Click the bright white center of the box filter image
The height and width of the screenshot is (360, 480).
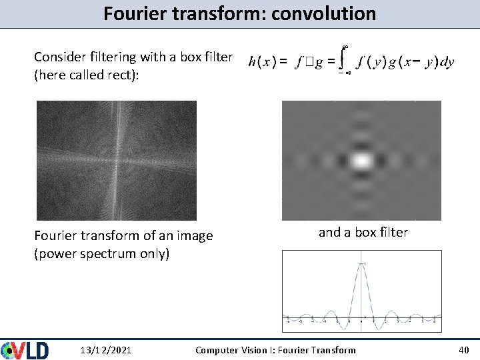point(361,160)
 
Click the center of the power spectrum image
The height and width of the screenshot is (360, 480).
point(117,161)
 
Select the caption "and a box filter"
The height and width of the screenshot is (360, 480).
point(363,232)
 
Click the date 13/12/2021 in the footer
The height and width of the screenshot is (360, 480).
point(105,350)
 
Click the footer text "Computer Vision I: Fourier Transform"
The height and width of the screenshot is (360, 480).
point(275,350)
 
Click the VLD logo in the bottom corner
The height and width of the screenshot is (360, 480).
point(25,350)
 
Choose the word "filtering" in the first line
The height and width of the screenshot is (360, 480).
point(114,57)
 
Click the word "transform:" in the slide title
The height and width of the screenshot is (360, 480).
point(221,13)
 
